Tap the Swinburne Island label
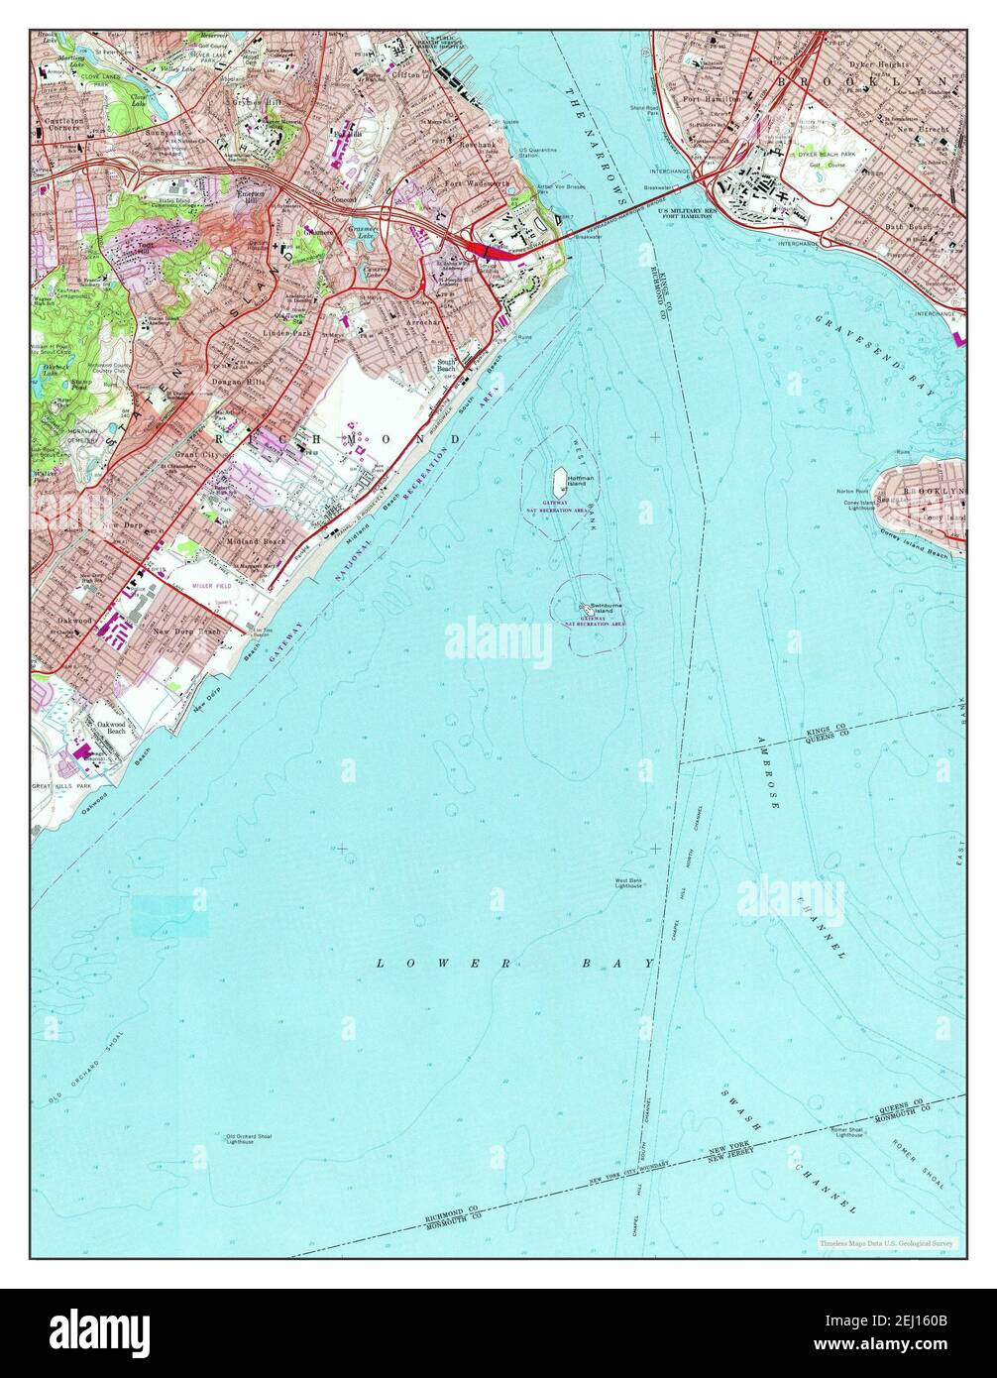[x=604, y=608]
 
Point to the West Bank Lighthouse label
[x=629, y=882]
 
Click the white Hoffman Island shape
[x=558, y=485]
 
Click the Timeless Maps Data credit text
[x=885, y=1242]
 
